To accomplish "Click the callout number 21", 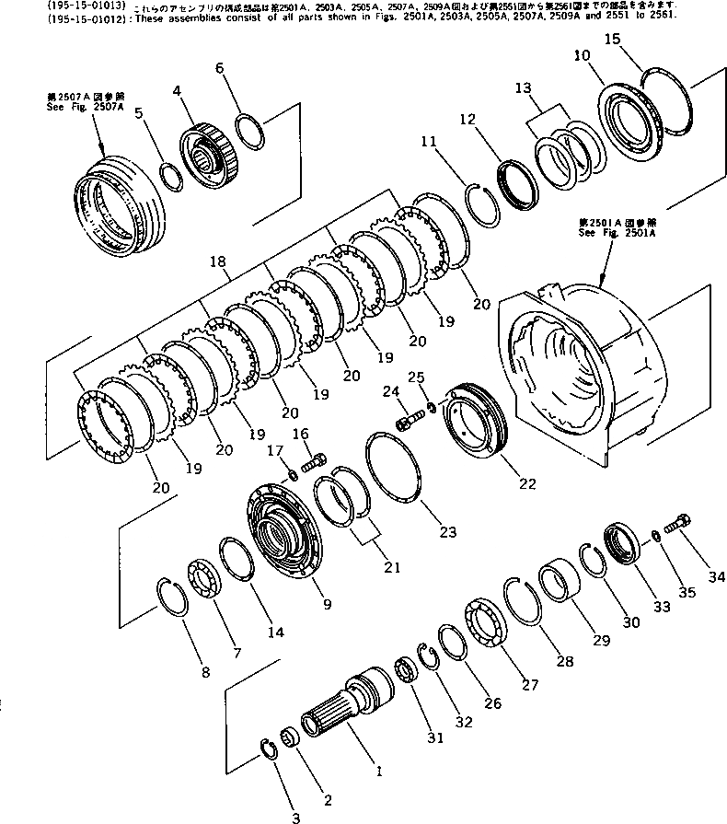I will pyautogui.click(x=393, y=567).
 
